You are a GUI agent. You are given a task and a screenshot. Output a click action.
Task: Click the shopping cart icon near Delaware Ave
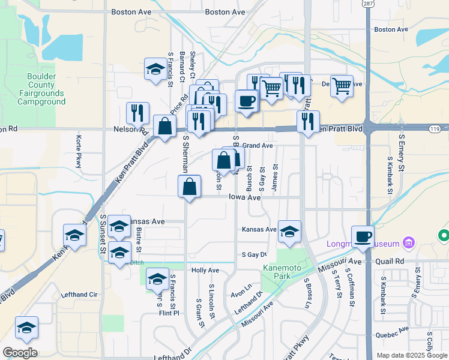[342, 86]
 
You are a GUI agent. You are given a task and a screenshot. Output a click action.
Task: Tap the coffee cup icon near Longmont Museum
[363, 236]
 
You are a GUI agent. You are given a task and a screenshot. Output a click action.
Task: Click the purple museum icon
[409, 243]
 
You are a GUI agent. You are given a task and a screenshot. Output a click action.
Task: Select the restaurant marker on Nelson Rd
[138, 112]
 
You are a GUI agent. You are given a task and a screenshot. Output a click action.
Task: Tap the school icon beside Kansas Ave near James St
[289, 232]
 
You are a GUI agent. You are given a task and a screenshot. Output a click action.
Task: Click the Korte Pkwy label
[79, 151]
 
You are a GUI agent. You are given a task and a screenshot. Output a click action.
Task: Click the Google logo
[19, 353]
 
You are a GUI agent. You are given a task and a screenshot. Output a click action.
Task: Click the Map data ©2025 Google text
[412, 355]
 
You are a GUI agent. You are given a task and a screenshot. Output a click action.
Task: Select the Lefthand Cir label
[79, 295]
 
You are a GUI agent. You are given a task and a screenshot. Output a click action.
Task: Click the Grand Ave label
[258, 146]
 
